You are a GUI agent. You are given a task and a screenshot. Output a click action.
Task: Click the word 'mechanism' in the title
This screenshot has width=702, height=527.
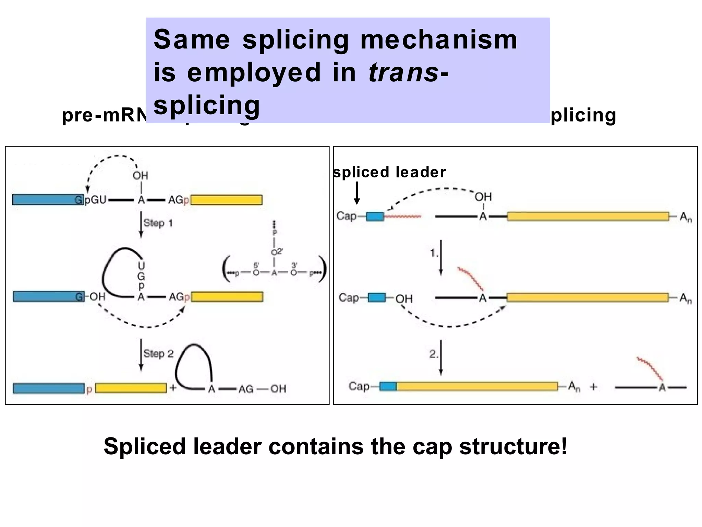(439, 40)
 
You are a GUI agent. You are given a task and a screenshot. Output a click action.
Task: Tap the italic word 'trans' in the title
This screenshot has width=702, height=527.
(403, 72)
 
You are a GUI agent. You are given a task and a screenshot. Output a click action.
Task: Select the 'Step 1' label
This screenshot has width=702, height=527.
(158, 223)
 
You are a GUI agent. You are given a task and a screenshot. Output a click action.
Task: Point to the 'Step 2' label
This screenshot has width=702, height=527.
(158, 354)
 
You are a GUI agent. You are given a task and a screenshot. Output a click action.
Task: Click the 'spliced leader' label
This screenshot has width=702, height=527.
(389, 172)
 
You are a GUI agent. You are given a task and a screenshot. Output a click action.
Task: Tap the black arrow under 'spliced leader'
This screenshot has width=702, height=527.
(357, 193)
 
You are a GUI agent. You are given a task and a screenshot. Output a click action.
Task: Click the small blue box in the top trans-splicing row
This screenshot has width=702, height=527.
(375, 216)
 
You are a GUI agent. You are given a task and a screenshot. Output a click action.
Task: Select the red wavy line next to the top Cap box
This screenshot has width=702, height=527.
(402, 216)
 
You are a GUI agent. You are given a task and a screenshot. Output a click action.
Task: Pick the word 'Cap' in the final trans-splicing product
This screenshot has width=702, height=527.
(359, 386)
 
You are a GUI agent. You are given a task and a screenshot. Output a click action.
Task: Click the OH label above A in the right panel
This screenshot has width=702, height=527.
(483, 197)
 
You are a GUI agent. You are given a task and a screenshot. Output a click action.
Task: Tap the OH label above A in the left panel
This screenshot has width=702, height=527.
(140, 176)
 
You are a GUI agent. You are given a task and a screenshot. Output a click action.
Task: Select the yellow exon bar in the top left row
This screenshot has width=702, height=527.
(227, 200)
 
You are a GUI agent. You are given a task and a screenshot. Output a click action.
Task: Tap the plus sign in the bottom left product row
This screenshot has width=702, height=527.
(173, 388)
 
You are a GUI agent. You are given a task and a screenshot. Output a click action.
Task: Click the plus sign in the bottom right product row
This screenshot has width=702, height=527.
(593, 387)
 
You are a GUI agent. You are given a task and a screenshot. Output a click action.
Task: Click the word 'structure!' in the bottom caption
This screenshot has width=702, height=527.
(513, 446)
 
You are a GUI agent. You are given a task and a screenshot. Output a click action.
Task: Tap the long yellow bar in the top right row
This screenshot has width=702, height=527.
(588, 216)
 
